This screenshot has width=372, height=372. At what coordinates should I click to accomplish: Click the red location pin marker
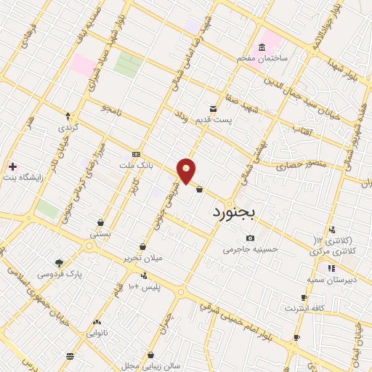coord(187,169)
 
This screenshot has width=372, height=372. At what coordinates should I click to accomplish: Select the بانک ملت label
coord(137,166)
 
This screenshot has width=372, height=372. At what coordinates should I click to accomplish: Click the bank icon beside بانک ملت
coord(136,154)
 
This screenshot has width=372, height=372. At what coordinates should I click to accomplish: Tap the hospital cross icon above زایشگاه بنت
coord(12,166)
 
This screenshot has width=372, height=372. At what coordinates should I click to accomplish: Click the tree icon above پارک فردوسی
coord(59,264)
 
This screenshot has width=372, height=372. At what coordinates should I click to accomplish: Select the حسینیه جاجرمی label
coord(251,248)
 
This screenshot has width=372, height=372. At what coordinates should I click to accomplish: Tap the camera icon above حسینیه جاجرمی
coord(251,238)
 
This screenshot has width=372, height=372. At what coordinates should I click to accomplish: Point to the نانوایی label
coord(97,333)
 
